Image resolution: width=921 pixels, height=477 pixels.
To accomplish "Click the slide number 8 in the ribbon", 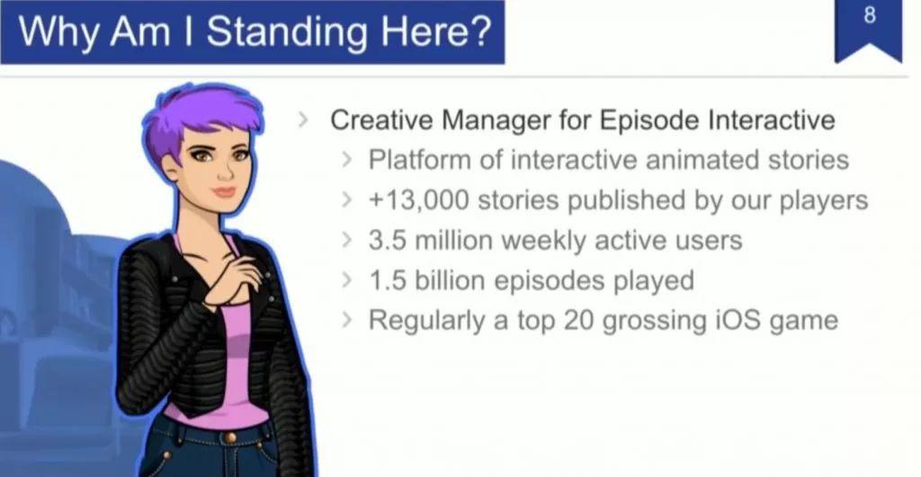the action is point(870,16).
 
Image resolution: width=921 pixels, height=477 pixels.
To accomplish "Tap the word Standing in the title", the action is point(286,31).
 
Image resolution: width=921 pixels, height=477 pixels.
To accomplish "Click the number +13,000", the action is point(419,200).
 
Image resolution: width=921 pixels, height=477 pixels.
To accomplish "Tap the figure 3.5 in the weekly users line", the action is point(387,241).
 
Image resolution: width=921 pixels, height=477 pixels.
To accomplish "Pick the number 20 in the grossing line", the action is point(578,321).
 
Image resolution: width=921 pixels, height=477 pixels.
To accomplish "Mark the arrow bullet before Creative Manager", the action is point(303,119).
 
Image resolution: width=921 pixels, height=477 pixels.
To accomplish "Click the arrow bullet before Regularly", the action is point(348,321).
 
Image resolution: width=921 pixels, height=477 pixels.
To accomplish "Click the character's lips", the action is point(224,192).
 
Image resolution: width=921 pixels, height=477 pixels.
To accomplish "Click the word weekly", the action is point(543,241).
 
